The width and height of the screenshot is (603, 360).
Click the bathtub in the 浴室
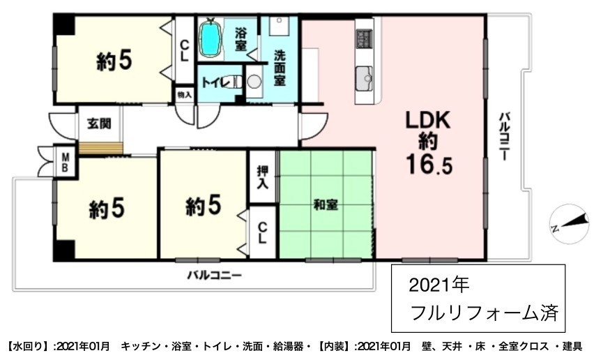coord(210,38)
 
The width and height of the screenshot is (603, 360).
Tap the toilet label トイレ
coord(215,82)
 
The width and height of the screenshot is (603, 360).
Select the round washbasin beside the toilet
coord(254,82)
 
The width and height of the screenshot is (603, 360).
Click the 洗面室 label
coord(280,68)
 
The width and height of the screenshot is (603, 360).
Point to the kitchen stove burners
coord(364,38)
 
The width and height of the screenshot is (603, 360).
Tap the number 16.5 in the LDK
coord(429,165)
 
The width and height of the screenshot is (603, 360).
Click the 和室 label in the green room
coord(326,205)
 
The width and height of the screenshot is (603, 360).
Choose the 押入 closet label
coord(263,177)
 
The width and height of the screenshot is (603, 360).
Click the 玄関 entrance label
coord(99,123)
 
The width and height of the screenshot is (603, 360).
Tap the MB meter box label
coord(66,163)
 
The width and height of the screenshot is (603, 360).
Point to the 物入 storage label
coord(185,94)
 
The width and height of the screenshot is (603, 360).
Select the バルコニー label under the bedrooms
coord(214,276)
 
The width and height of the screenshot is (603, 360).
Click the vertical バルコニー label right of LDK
coord(505,136)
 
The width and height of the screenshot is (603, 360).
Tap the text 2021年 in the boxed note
coord(438,285)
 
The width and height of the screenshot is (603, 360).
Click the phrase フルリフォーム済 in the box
coord(484,312)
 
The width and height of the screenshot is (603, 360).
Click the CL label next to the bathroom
coord(185,52)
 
